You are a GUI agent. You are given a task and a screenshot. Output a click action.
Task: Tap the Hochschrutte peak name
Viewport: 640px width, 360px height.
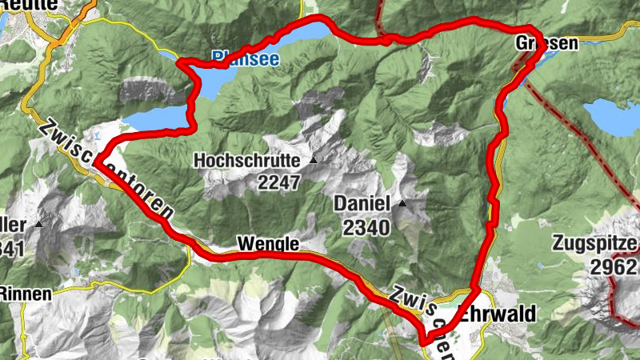[x=246, y=161]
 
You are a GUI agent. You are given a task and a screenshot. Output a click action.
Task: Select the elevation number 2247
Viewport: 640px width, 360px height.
[x=278, y=182]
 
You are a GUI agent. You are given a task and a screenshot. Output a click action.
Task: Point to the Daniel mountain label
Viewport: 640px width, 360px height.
[x=362, y=204]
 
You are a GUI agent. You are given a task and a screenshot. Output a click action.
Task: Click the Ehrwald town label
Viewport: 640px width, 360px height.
[x=497, y=314]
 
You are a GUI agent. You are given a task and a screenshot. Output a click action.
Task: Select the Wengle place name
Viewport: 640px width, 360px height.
[x=267, y=243]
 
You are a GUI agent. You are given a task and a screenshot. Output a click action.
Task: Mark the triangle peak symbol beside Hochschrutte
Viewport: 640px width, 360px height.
[x=313, y=161]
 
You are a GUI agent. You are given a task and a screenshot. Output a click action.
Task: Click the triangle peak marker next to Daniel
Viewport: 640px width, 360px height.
[x=402, y=204]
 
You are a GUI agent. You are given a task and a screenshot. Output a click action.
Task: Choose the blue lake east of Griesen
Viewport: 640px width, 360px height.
[x=614, y=116]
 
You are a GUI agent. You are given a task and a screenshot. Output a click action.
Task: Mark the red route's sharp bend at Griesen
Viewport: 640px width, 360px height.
[x=542, y=50]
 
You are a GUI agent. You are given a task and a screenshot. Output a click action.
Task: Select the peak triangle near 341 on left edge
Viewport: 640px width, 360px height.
[x=38, y=225]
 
